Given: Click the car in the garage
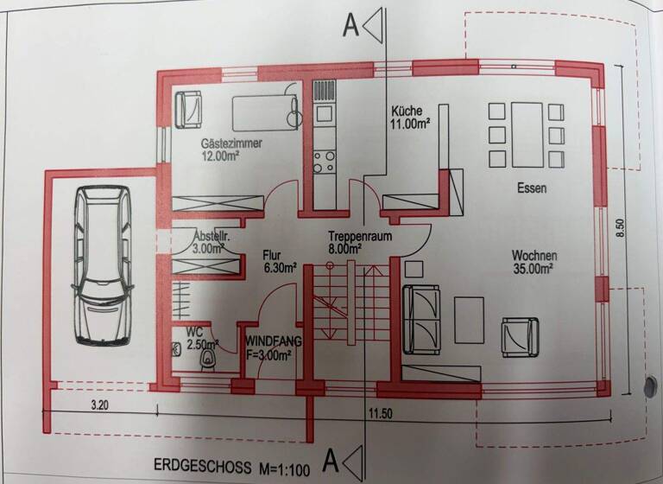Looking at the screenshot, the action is tap(103, 264).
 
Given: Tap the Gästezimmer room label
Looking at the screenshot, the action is tap(231, 143).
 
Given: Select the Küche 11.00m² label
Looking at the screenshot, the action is tap(410, 118).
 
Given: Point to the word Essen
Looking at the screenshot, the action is tap(532, 188).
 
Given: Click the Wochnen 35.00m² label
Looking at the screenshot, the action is tap(534, 262).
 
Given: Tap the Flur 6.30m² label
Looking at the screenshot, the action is tap(279, 262).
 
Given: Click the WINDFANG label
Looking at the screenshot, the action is tap(274, 341).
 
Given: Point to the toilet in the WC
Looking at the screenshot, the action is tap(208, 360).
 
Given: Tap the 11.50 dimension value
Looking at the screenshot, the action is tap(381, 414).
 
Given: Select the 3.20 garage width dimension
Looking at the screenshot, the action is tap(100, 405).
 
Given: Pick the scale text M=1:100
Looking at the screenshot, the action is tap(284, 468).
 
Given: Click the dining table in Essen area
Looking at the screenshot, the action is tap(527, 135).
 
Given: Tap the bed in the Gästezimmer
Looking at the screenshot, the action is tap(265, 113).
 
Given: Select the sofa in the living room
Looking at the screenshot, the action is tap(421, 320).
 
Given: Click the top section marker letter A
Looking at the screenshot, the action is tap(350, 25).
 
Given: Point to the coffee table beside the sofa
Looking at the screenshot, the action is tap(469, 320).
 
